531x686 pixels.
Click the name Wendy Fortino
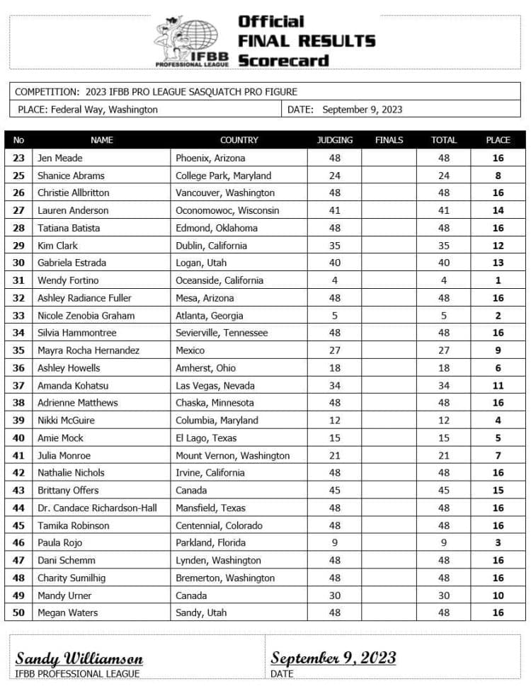coord(68,280)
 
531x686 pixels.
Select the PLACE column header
coord(498,140)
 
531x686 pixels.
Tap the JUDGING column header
coord(334,140)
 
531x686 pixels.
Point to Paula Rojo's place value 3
coord(498,543)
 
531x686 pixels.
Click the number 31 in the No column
coord(18,280)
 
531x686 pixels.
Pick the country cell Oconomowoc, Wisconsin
coord(227,210)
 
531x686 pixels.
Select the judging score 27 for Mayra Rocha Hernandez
coord(334,350)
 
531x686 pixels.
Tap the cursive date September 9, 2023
coord(333,658)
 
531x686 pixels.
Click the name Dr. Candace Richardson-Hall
coord(97,508)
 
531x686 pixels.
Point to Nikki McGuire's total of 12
coord(444,420)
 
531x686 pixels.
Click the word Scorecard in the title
coord(283,60)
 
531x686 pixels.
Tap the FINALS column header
coord(389,140)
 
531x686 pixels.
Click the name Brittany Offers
coord(69,490)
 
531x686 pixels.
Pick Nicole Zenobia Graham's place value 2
coord(498,316)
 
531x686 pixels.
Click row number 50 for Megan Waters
coord(18,612)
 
